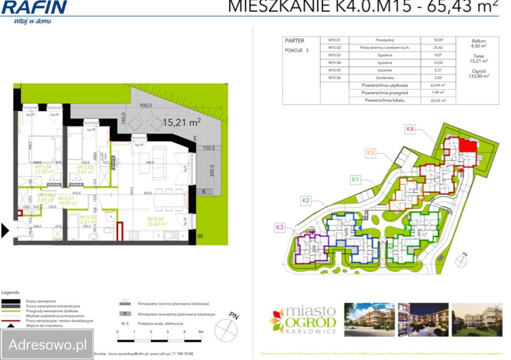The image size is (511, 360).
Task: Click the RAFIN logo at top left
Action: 34,8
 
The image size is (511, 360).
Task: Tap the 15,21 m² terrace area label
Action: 182,122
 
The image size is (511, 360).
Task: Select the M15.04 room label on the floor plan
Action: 45,169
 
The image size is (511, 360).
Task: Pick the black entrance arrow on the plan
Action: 5,231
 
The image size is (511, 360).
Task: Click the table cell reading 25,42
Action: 438,47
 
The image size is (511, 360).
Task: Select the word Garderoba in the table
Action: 384,78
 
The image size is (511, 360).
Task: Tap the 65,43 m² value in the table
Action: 438,100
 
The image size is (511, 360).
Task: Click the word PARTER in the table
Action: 294,41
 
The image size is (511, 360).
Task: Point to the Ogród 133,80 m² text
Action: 479,74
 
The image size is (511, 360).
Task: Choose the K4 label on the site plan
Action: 410,129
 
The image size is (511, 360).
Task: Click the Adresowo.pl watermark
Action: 47,345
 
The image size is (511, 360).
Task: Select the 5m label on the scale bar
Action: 201,332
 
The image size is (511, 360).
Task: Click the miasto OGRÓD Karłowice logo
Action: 304,319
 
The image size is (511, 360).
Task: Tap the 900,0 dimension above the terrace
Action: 145,105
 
